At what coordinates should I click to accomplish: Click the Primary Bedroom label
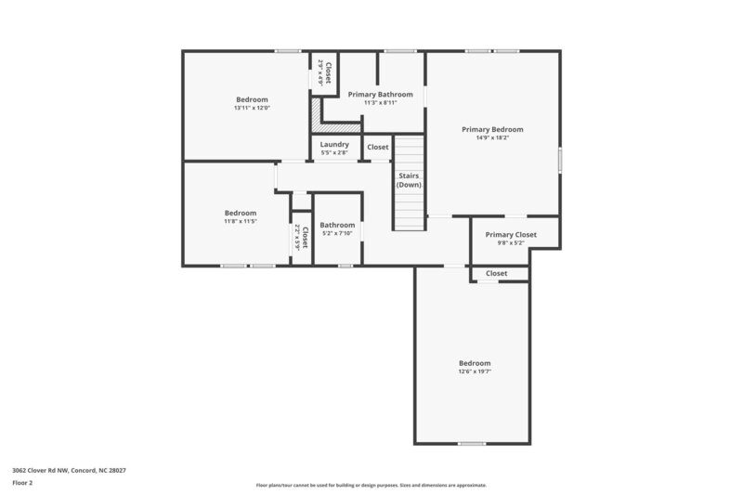coord(492,129)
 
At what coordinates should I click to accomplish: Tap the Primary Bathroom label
coord(380,94)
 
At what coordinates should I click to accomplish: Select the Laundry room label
coord(334,144)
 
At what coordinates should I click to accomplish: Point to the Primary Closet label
coord(511,235)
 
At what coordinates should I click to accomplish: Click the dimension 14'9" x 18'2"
coord(492,138)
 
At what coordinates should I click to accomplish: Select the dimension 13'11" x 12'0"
coord(252,109)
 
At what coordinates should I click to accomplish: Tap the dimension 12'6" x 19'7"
coord(474,371)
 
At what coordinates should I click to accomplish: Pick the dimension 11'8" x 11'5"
coord(240,222)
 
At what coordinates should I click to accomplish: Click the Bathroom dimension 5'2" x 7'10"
coord(337,233)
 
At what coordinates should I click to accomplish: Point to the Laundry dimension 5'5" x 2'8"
coord(334,152)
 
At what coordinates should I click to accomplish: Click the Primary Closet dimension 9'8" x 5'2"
coord(511,243)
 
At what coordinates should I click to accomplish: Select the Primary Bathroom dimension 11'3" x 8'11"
coord(380,103)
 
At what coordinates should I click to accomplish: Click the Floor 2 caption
coord(22,483)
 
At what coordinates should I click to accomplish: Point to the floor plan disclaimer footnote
coord(371,485)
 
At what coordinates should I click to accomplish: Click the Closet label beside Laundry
coord(378,147)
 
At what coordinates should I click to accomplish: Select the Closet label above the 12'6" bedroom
coord(496,273)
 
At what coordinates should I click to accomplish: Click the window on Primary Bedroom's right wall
coord(560,159)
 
